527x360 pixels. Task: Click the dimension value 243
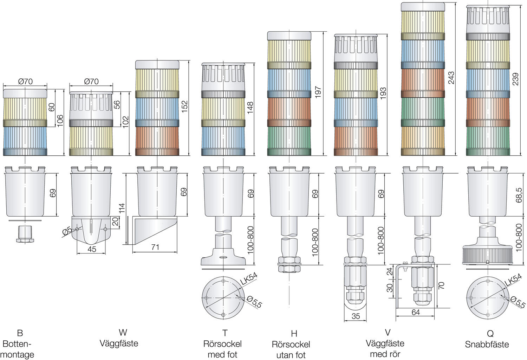(451, 78)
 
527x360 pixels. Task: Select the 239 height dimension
(515, 79)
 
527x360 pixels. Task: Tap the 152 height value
(184, 107)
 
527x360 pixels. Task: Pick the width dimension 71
(155, 247)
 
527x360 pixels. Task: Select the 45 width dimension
(91, 249)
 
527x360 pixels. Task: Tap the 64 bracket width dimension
(415, 312)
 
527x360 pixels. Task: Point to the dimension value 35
(356, 316)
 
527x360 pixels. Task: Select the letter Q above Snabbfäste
(490, 333)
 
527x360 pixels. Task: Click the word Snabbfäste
(487, 344)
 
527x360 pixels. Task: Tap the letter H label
(294, 333)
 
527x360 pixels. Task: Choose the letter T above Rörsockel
(225, 333)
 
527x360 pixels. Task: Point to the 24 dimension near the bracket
(390, 271)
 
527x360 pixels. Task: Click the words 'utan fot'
(291, 355)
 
